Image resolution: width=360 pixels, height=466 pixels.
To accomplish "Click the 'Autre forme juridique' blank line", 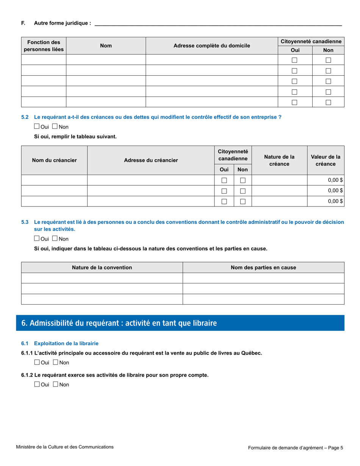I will coord(218,23).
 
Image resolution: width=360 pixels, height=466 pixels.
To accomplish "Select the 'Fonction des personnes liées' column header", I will coord(44,46).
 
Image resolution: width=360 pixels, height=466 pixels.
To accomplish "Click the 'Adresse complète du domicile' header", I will coord(211,46).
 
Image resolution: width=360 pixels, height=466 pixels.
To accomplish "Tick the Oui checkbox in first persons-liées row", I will coord(294,60).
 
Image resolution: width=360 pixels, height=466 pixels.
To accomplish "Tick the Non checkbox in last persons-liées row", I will coord(328,102).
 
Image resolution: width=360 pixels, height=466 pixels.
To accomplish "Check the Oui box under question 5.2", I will coord(37,127).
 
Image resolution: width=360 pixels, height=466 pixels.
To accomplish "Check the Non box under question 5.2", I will coord(55,127).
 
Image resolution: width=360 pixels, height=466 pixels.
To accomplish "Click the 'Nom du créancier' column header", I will coord(54,160).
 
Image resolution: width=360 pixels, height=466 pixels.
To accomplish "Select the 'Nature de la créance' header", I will coord(279,160).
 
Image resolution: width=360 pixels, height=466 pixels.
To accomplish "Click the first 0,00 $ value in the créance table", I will coord(335,180).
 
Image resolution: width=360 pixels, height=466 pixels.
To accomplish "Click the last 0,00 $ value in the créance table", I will coord(335,201).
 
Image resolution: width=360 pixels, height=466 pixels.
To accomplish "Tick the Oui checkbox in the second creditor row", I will coord(224,191).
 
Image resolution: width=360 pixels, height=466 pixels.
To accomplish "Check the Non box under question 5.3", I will coord(55,239).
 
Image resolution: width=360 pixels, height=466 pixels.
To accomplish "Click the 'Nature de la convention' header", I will coord(102,267).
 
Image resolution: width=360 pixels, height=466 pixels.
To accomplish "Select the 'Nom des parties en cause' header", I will coord(263,267).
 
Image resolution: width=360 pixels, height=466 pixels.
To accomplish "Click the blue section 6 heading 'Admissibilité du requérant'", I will coord(119,323).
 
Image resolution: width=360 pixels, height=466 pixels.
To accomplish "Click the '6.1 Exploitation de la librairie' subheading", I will coord(66,343).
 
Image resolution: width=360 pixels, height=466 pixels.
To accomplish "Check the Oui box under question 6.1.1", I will coord(37,362).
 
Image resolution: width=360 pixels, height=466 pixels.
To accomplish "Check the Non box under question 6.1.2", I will coord(55,384).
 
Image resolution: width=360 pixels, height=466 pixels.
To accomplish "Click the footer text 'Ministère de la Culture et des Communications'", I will coord(65,447).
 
